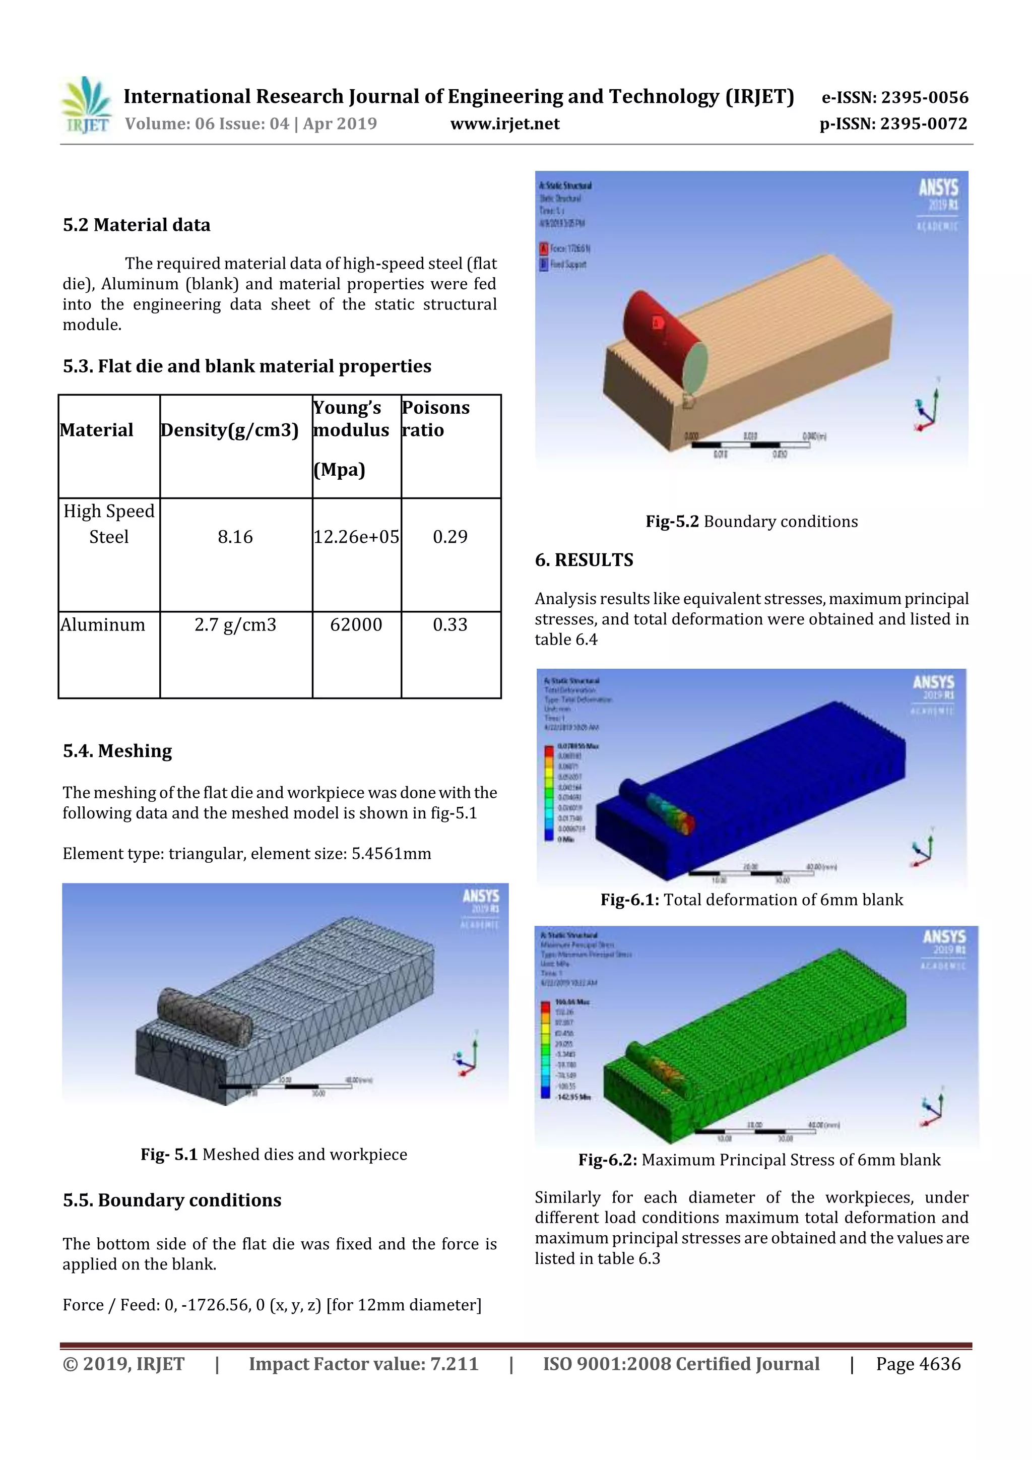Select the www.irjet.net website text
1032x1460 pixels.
click(x=505, y=123)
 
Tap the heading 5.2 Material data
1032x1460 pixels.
click(x=137, y=225)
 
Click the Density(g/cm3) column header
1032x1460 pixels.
click(x=230, y=430)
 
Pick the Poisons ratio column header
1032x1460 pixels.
click(x=436, y=418)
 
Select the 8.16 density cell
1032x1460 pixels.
click(x=235, y=537)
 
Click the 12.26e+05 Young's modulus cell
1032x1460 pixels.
click(x=356, y=537)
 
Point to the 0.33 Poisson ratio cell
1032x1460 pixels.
click(x=450, y=624)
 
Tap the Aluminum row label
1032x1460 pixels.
click(x=103, y=624)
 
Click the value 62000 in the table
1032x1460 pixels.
click(x=356, y=624)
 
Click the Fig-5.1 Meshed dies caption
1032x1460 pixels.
click(x=274, y=1154)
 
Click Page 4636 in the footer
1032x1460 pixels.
click(x=918, y=1364)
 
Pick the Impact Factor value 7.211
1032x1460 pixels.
click(x=364, y=1364)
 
